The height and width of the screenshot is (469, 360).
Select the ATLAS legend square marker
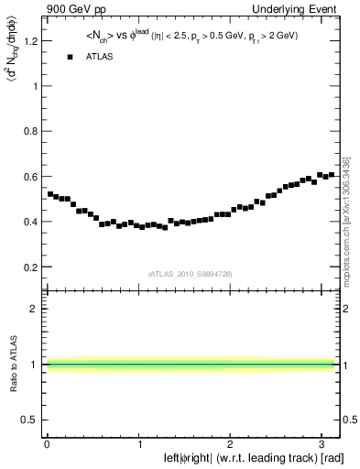71,58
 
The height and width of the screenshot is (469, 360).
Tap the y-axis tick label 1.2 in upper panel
31,41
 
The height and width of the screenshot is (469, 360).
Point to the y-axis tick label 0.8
31,131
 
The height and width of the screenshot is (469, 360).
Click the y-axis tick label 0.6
31,177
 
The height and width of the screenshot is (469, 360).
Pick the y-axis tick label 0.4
31,222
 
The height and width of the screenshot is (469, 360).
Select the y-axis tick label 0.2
31,267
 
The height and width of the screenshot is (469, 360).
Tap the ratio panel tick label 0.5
31,420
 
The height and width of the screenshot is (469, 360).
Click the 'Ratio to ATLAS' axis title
11,364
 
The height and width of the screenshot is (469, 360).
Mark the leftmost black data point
49,194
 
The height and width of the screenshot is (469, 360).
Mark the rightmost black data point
332,174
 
